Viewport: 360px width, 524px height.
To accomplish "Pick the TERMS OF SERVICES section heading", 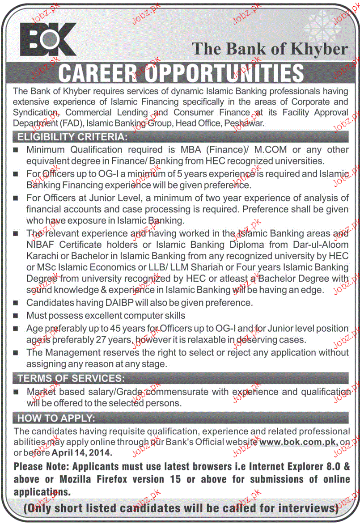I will pos(71,378).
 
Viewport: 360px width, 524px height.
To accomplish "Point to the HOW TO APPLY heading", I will pos(56,418).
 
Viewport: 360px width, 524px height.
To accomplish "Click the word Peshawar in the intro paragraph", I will pos(246,123).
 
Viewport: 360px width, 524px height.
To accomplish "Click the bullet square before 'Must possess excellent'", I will pos(17,316).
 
